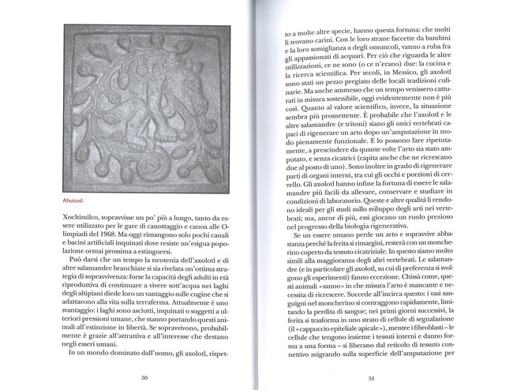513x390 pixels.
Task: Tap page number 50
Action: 144,378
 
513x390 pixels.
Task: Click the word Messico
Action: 366,81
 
